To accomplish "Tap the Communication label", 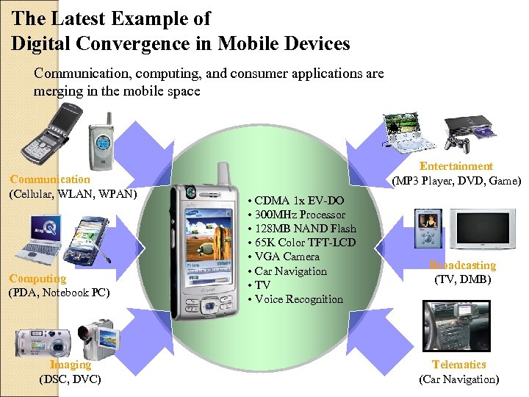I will coord(50,179).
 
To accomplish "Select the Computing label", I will coord(37,279).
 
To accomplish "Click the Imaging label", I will coord(71,365).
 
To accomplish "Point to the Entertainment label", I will coord(456,167).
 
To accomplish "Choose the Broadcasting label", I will coord(463,265).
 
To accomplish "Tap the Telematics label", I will coord(459,365).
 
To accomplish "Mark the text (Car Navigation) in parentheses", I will coord(458,379).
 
